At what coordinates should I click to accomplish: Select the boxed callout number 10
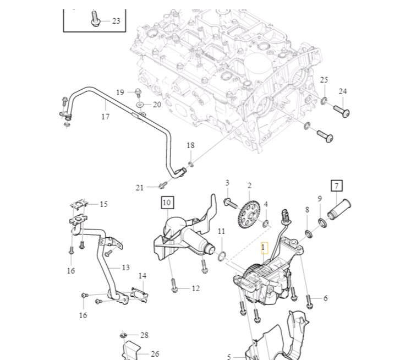[x=167, y=203]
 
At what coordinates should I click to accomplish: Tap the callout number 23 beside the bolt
[x=116, y=21]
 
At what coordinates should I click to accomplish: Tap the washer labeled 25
[x=324, y=100]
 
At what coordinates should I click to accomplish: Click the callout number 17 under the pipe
[x=105, y=117]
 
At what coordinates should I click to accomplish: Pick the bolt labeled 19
[x=138, y=92]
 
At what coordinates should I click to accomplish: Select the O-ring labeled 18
[x=190, y=163]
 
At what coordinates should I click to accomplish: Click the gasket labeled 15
[x=81, y=205]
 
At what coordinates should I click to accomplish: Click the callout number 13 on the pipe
[x=125, y=268]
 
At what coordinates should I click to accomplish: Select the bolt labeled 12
[x=174, y=286]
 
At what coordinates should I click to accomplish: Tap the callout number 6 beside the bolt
[x=325, y=298]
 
